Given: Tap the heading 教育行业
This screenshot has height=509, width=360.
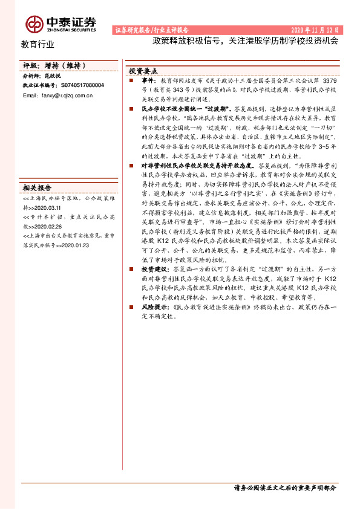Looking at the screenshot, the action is point(38,44).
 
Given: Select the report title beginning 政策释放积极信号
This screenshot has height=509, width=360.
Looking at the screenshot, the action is point(245,42).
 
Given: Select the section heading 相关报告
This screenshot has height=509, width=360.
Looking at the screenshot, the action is point(38,187).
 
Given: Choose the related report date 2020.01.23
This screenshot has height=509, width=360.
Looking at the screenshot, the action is point(73,246).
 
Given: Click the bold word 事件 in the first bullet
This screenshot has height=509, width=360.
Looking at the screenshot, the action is point(149,80).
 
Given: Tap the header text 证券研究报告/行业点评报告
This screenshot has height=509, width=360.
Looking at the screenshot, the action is point(152,30).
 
